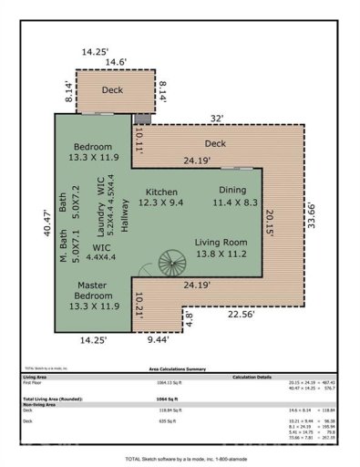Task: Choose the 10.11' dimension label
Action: click(x=139, y=142)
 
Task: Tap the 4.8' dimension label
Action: click(x=190, y=319)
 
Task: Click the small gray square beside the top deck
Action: click(x=139, y=119)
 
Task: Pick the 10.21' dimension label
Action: click(x=139, y=305)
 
